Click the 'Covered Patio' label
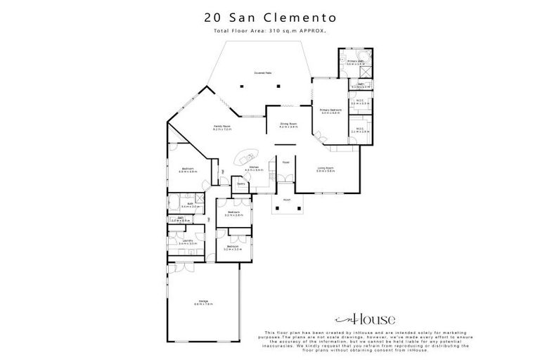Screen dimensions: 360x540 click(x=264, y=73)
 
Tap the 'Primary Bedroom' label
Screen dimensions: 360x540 click(x=330, y=110)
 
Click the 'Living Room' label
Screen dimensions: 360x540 click(x=325, y=168)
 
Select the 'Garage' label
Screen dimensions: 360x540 click(x=204, y=302)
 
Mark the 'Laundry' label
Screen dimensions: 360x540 click(x=188, y=240)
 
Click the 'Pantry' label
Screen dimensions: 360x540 click(x=240, y=184)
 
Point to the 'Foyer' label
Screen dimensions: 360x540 click(x=286, y=162)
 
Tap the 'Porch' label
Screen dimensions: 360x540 click(x=287, y=199)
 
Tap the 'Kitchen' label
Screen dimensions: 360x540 click(x=254, y=167)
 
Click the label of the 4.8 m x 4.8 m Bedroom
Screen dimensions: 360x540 click(x=188, y=169)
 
